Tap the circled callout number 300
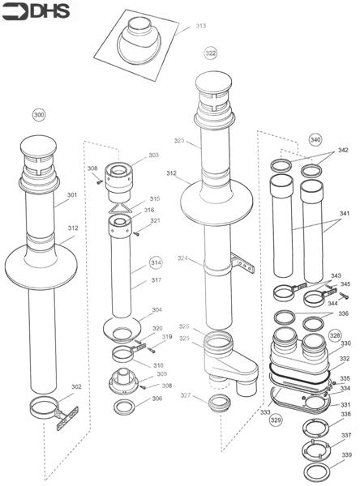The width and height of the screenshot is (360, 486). coord(38,115)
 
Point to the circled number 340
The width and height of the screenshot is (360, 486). coord(315,139)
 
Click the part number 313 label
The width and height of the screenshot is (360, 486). coord(200,26)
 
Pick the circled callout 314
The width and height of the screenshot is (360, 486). coord(156,264)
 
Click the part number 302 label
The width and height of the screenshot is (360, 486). coord(76,386)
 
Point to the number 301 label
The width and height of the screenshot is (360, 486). coord(72,194)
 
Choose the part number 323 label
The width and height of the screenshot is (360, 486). coord(179,141)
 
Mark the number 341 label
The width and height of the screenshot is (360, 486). coord(344,214)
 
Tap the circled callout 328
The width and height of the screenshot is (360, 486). coord(335,334)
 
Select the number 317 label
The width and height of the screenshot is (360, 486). coord(156,280)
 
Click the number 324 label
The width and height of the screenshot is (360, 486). coord(183,258)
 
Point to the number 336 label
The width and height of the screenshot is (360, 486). coord(344,313)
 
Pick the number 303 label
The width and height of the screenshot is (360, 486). coord(153,155)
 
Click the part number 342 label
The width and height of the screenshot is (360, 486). coord(343,150)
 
